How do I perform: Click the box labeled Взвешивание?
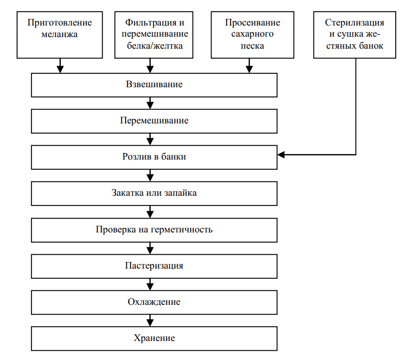(x=154, y=85)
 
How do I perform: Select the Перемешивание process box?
(x=154, y=121)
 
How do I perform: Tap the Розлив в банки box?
(x=154, y=157)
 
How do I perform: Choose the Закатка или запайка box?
(x=154, y=193)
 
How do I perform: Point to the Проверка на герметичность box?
(x=154, y=230)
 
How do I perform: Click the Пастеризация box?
(x=154, y=266)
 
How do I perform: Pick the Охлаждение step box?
(x=154, y=302)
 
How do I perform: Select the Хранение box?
(x=154, y=339)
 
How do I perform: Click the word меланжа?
(x=59, y=34)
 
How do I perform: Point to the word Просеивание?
(x=252, y=23)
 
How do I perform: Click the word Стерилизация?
(x=355, y=23)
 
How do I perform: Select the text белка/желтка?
(x=155, y=45)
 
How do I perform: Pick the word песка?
(x=252, y=46)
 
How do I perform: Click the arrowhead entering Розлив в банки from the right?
(x=281, y=154)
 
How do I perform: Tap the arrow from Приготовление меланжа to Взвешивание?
(x=60, y=65)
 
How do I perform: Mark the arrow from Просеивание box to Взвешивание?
(x=249, y=65)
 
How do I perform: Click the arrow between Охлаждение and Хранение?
(x=150, y=321)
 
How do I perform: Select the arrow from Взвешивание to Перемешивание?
(x=150, y=103)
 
